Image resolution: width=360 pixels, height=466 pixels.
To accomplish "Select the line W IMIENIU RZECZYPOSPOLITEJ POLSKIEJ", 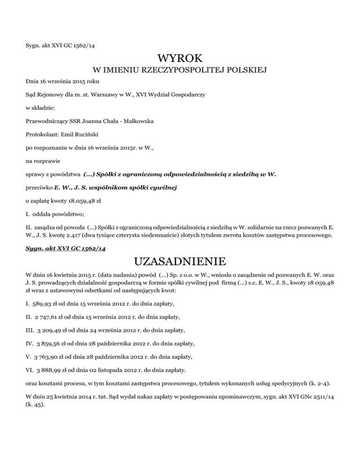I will point(180,71).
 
